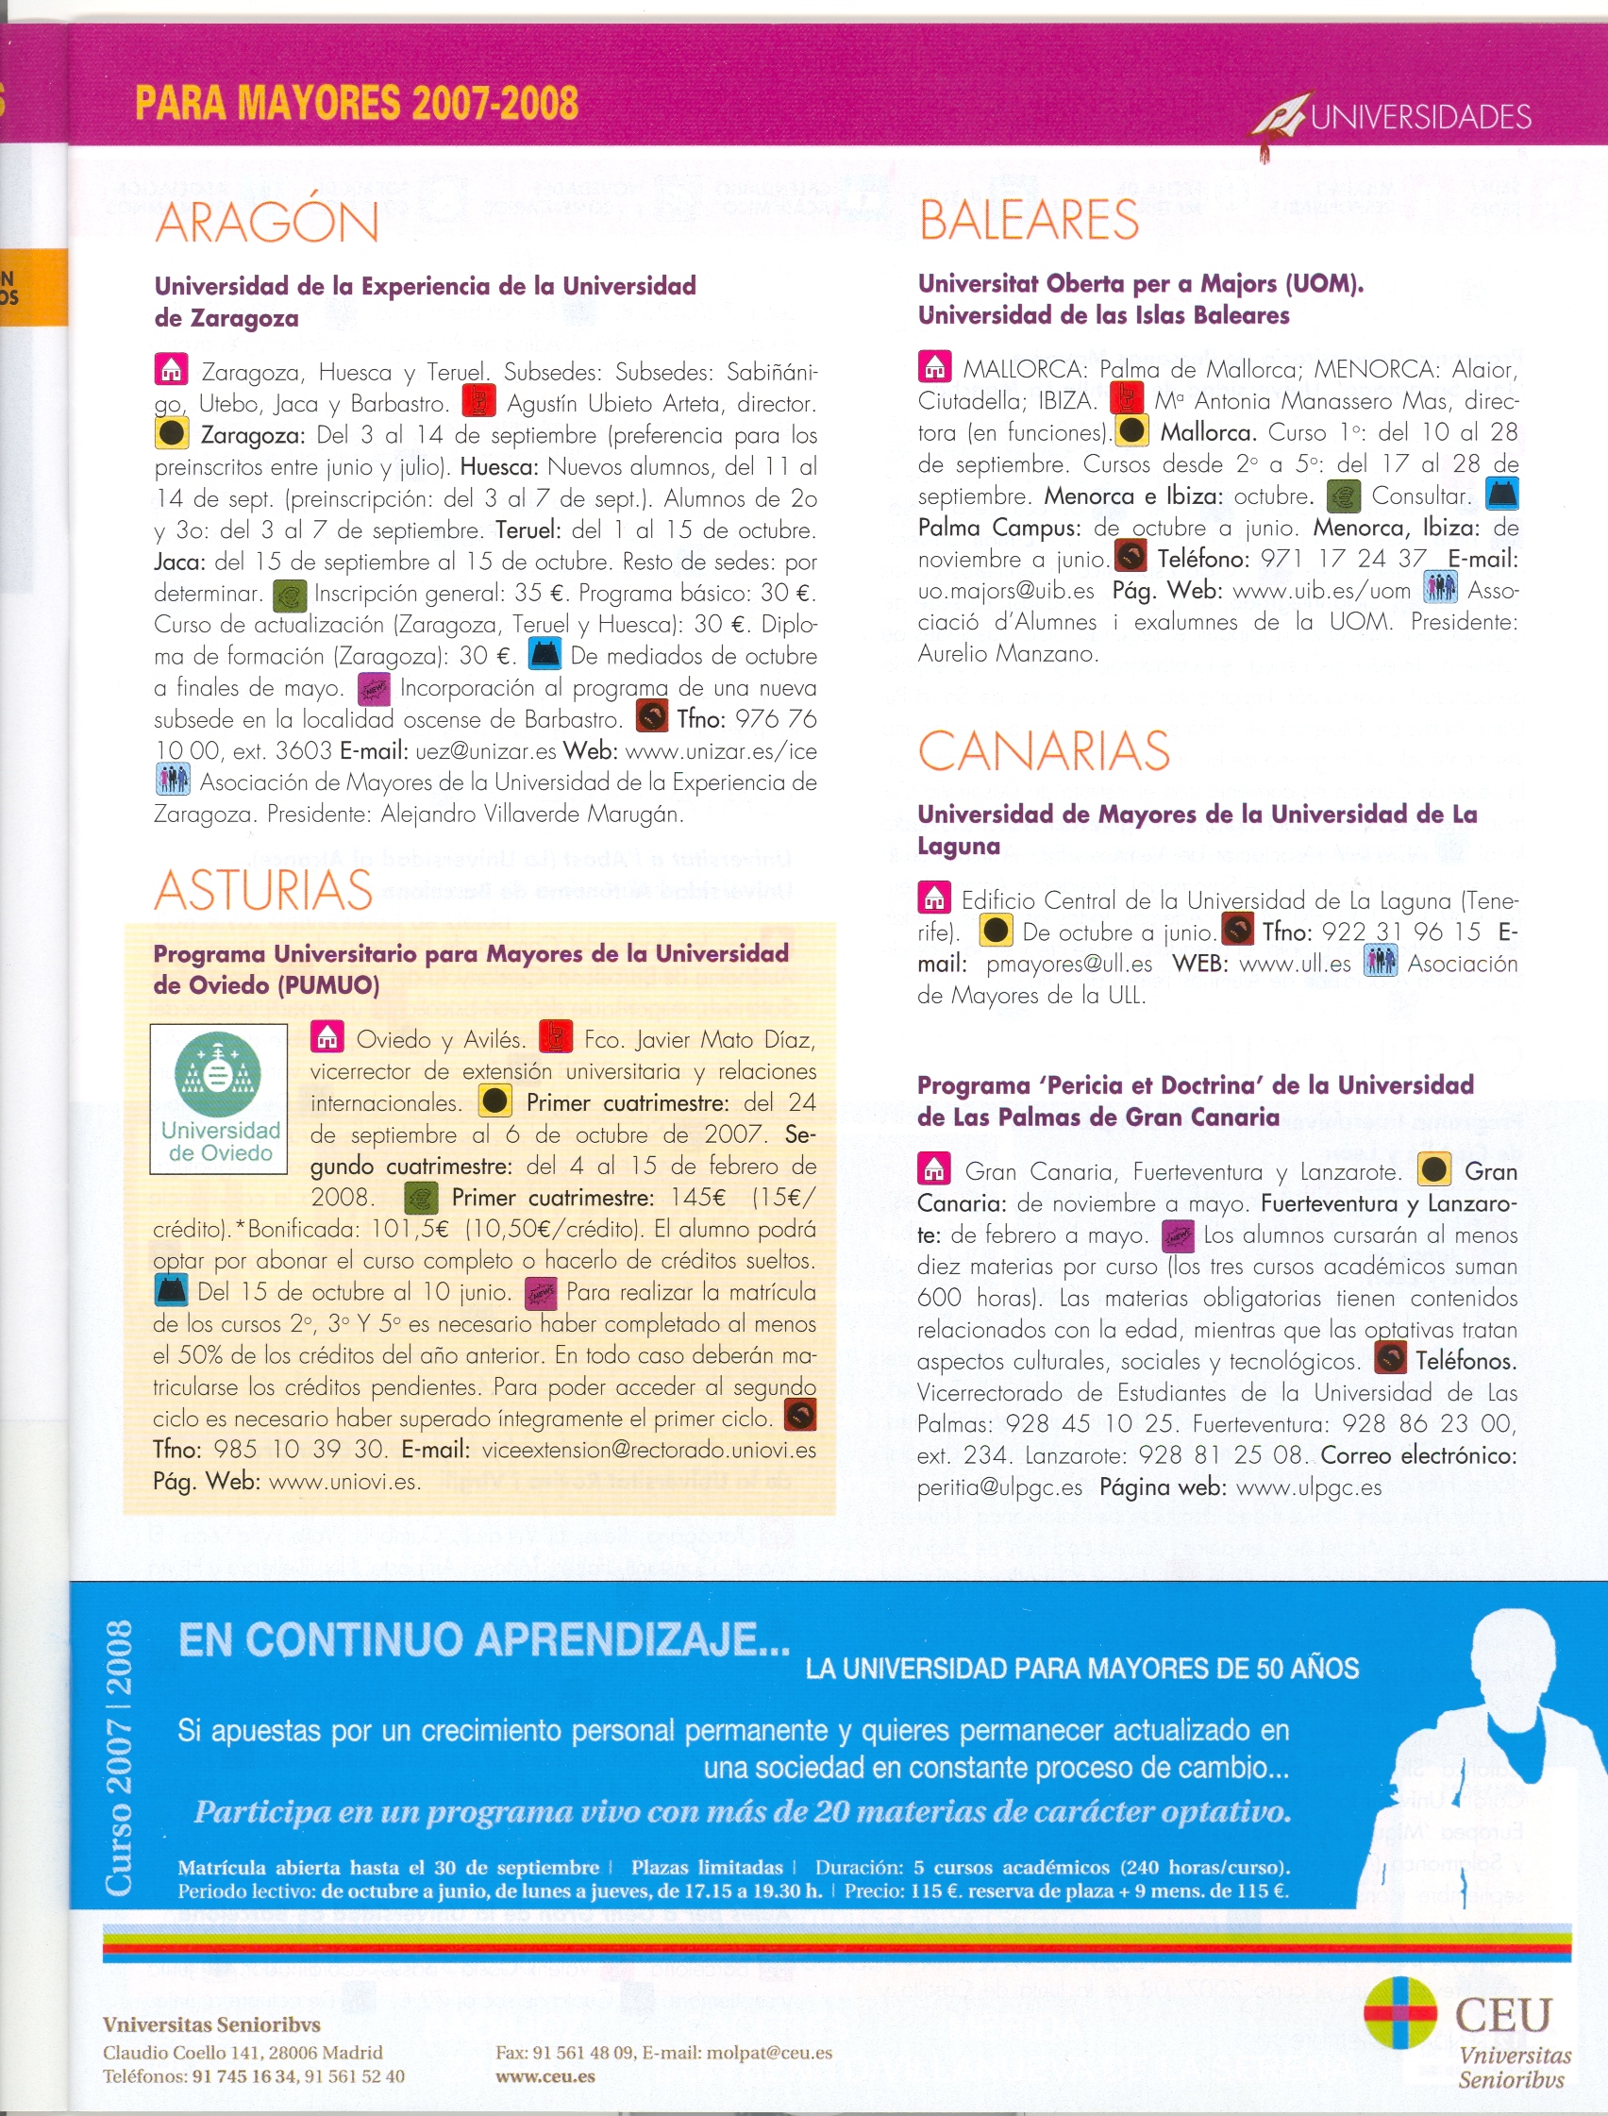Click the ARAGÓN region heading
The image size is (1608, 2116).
click(x=266, y=222)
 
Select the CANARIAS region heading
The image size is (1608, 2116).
click(x=1044, y=751)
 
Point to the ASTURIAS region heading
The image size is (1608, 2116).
click(x=263, y=890)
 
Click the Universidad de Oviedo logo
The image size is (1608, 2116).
click(x=219, y=1099)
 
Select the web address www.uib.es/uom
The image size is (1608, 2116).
click(x=1322, y=591)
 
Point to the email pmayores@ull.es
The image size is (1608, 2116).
click(x=1069, y=964)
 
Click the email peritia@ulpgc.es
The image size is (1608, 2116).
click(x=999, y=1487)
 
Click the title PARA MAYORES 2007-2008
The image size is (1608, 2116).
click(x=356, y=104)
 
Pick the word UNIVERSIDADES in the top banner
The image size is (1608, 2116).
click(x=1420, y=117)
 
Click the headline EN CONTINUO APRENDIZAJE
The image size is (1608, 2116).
click(x=483, y=1639)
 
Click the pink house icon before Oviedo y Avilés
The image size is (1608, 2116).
click(x=327, y=1037)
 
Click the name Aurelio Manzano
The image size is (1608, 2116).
click(x=1007, y=654)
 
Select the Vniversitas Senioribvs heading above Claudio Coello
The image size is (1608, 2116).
click(x=211, y=2024)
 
